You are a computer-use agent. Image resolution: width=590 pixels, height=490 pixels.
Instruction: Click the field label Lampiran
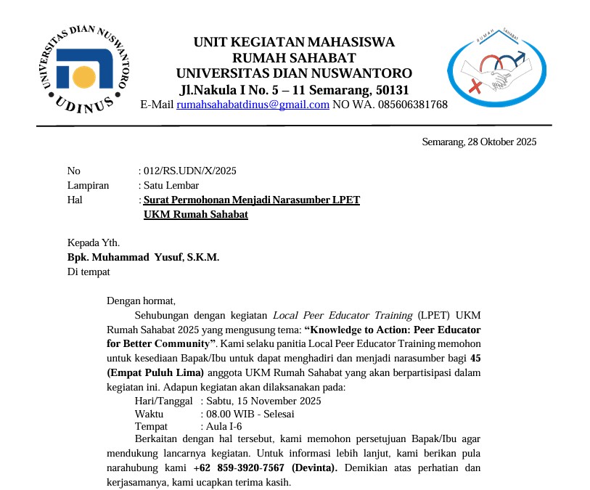87,185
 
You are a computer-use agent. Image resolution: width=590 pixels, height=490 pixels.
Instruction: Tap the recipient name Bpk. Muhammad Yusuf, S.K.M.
143,257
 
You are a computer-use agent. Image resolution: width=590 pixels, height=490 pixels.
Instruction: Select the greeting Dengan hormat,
142,300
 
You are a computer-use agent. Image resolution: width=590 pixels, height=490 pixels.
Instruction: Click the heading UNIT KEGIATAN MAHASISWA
294,42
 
